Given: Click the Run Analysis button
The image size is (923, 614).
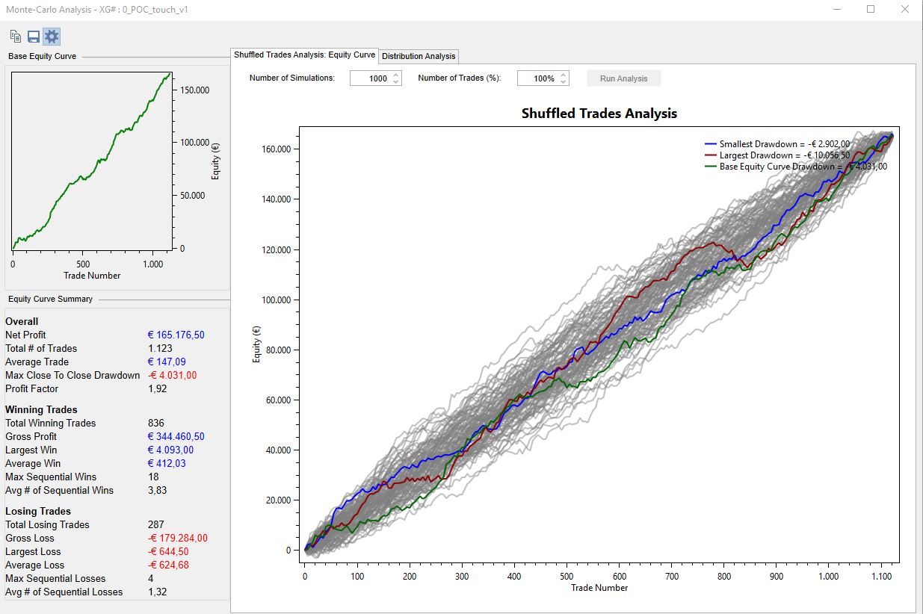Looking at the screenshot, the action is (x=623, y=78).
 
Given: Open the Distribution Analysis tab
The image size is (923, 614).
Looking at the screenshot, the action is (x=419, y=56).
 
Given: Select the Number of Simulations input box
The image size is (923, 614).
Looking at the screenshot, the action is (x=375, y=78).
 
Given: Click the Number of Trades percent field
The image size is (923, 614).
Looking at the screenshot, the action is (x=543, y=78).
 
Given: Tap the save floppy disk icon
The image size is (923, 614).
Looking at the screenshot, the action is (x=34, y=37).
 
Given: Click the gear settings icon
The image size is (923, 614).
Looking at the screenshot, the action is (x=52, y=37).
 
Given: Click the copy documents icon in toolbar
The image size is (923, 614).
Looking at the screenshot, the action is (x=15, y=37).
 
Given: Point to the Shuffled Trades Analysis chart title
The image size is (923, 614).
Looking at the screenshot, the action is (x=599, y=114).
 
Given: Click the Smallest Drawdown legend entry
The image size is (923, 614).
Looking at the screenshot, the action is (x=777, y=143).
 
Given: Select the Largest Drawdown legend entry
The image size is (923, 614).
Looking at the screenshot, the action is (x=777, y=155).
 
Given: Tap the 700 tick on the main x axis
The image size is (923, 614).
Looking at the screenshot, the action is (x=672, y=576).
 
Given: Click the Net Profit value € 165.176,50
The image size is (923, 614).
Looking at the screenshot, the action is (x=176, y=335).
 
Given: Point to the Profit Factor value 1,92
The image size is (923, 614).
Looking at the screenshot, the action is (x=158, y=388).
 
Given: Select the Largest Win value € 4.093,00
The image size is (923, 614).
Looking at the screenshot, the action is (x=170, y=450).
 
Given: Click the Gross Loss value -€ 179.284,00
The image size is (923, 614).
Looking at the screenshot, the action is (x=178, y=538).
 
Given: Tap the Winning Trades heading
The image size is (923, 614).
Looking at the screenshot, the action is (x=41, y=409).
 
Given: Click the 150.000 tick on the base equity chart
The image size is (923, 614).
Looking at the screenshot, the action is (x=194, y=90).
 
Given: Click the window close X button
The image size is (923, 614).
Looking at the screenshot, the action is (x=904, y=9).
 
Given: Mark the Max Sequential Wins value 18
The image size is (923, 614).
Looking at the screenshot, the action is (x=153, y=477).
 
